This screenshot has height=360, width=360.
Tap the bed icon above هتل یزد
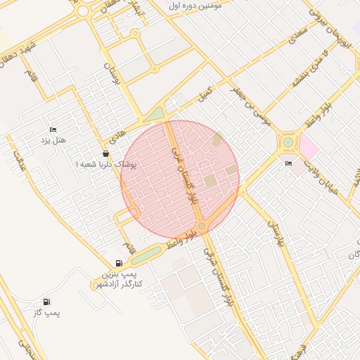click(53, 131)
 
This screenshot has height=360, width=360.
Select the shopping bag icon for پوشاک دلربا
click(105, 153)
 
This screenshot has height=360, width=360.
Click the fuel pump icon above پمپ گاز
click(47, 302)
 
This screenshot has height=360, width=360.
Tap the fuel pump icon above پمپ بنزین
click(118, 263)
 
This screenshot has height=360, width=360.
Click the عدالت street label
click(20, 163)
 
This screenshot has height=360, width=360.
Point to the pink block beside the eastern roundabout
click(309, 146)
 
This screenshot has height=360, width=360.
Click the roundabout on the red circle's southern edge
click(202, 225)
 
